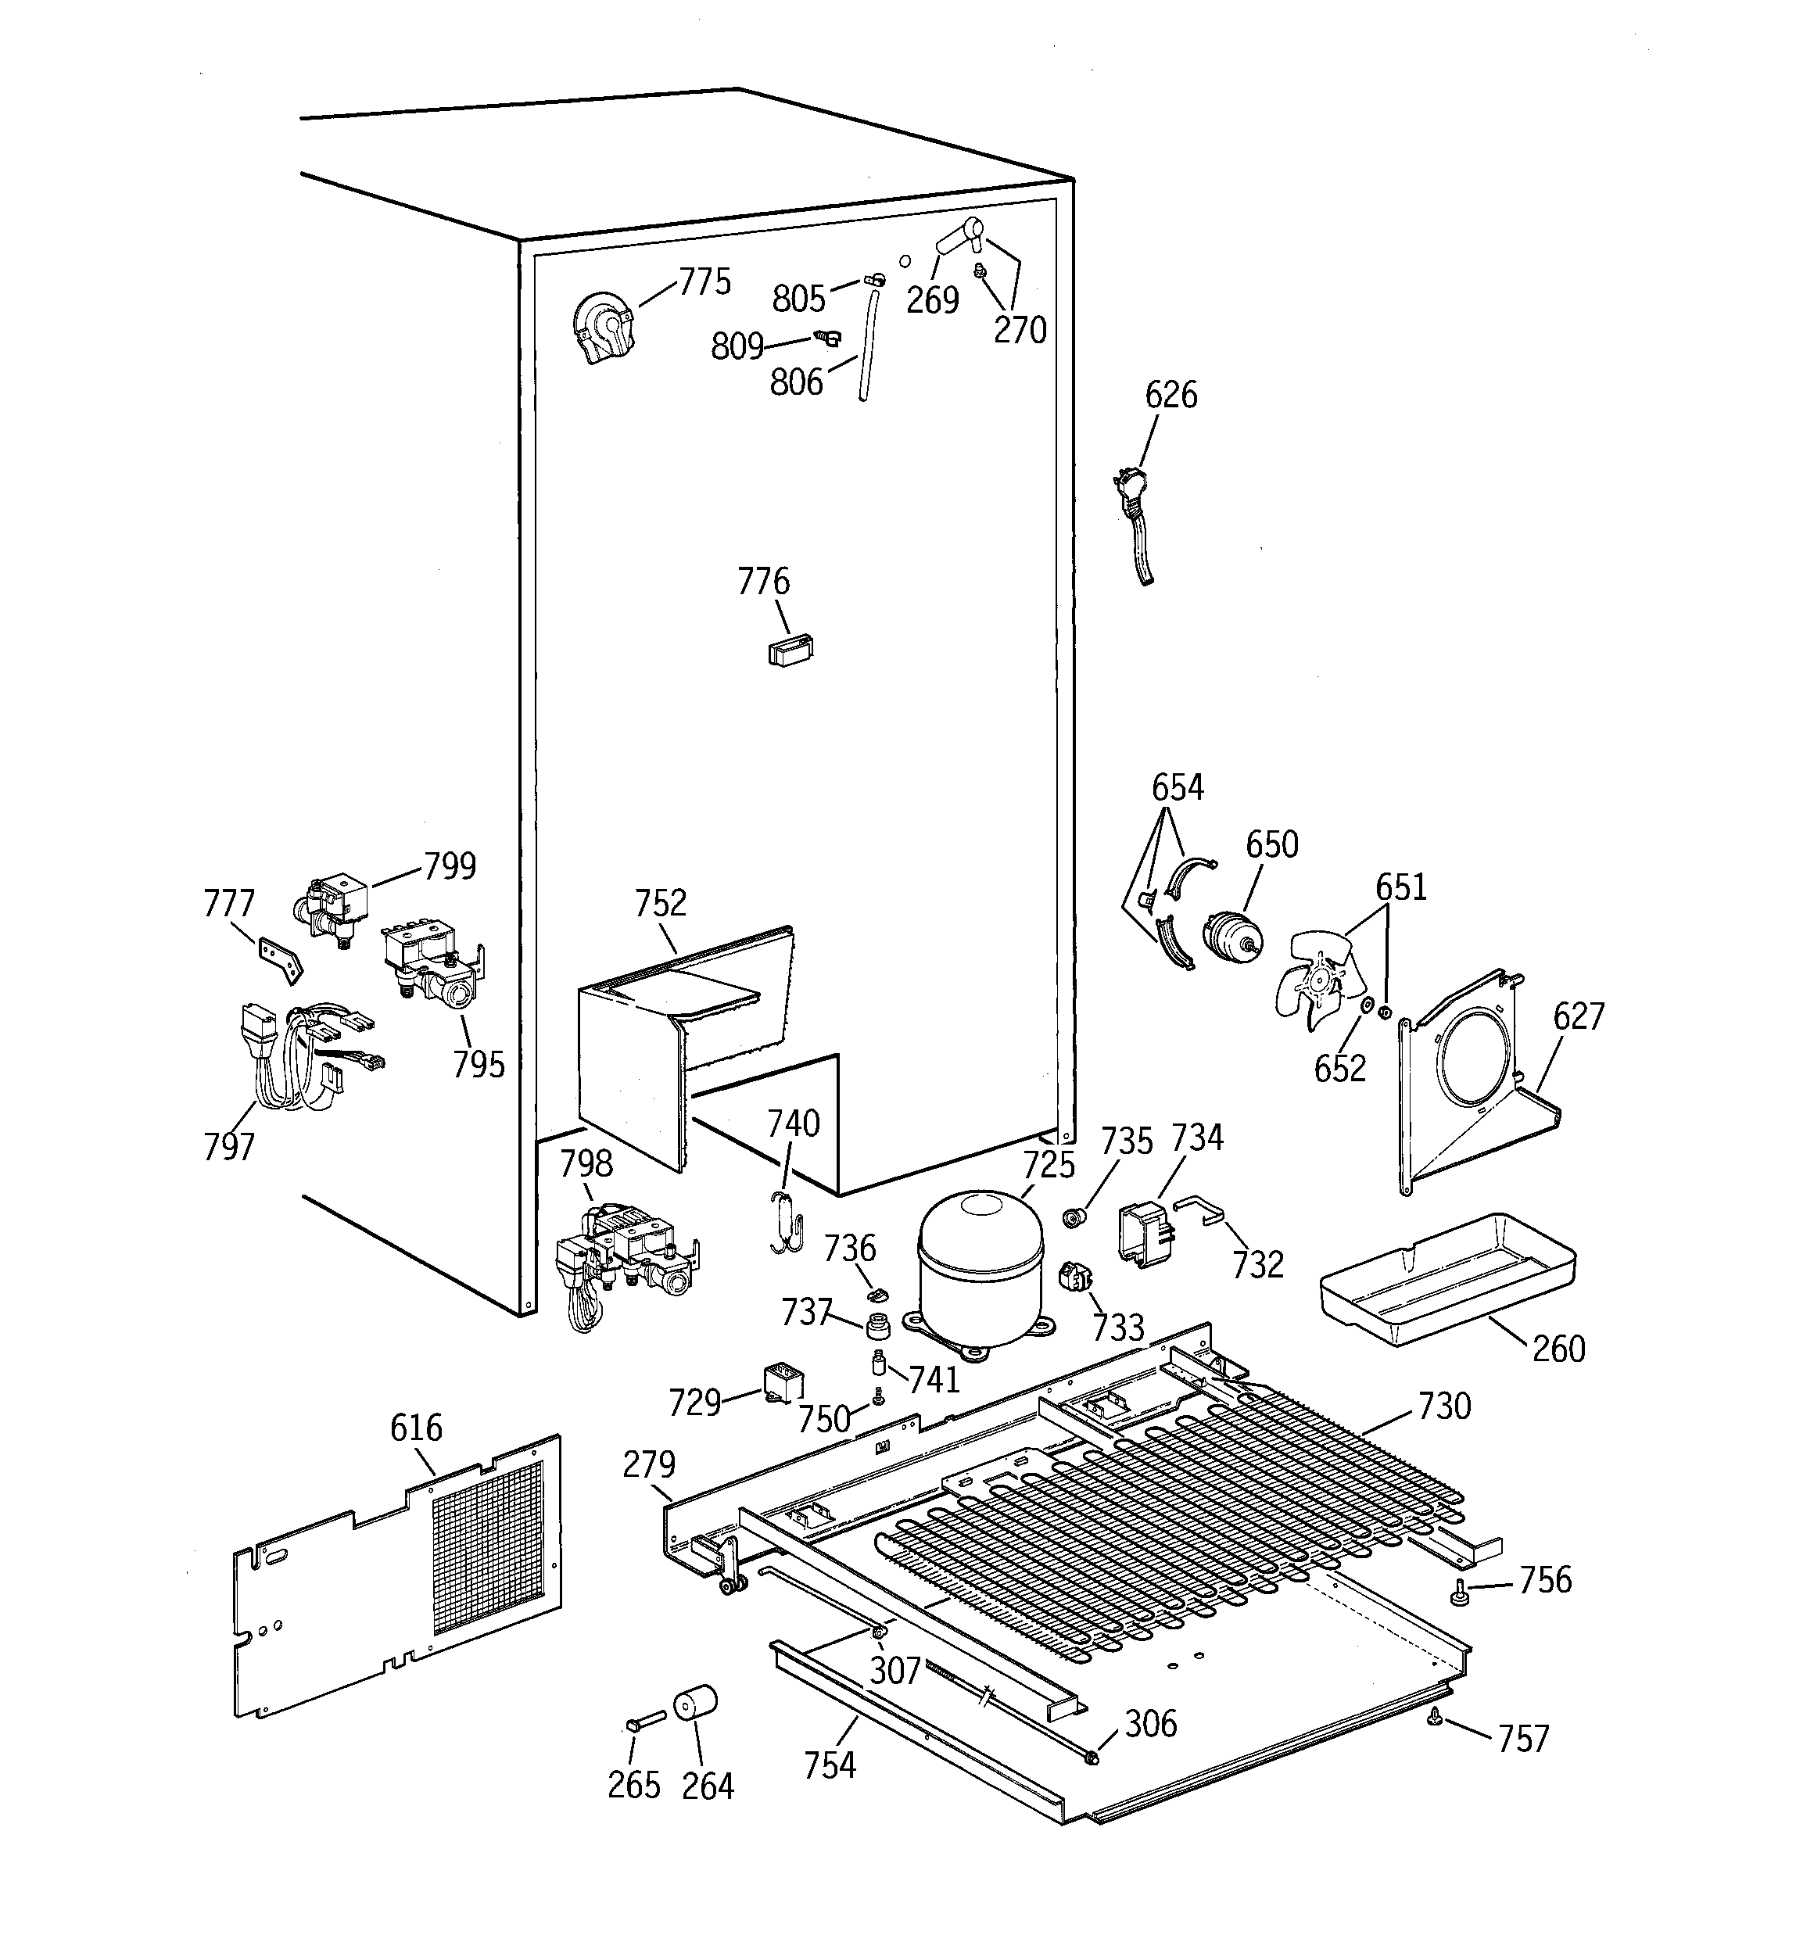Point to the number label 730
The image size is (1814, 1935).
coord(1444,1406)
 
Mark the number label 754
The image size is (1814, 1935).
coord(830,1765)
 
